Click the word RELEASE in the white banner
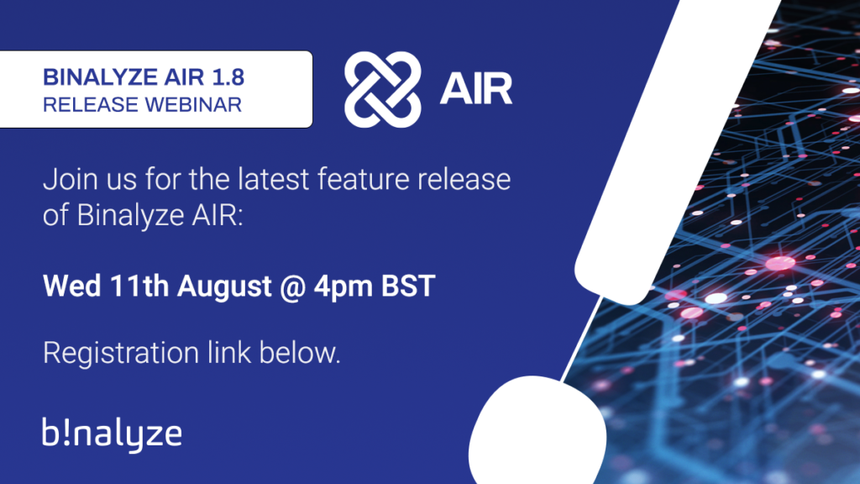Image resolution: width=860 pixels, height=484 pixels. pos(84,105)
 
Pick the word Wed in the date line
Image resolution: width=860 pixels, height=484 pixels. pos(71,286)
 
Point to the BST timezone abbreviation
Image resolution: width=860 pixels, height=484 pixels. pos(409,286)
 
